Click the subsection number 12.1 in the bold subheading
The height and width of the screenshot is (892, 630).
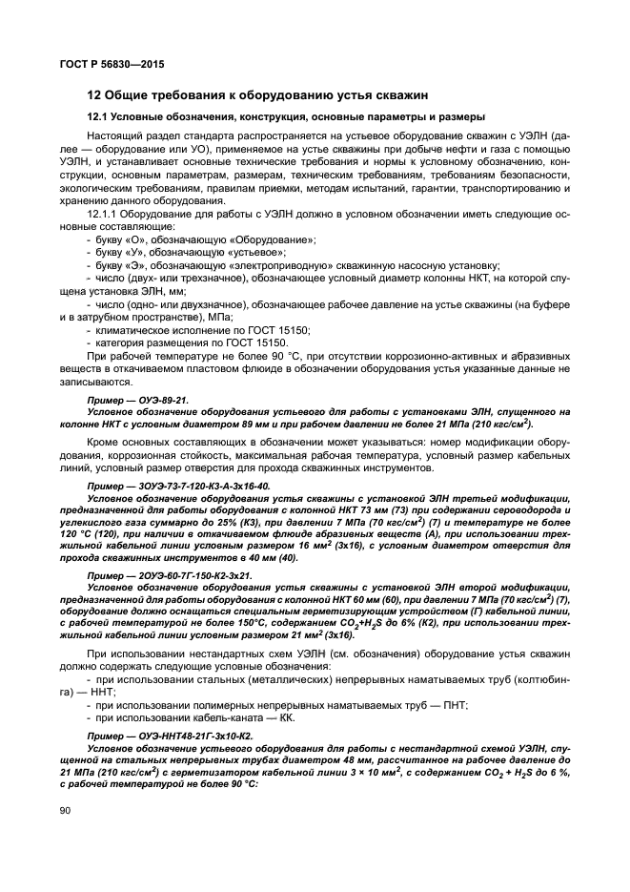point(98,116)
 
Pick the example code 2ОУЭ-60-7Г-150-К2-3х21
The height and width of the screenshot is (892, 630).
point(177,575)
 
